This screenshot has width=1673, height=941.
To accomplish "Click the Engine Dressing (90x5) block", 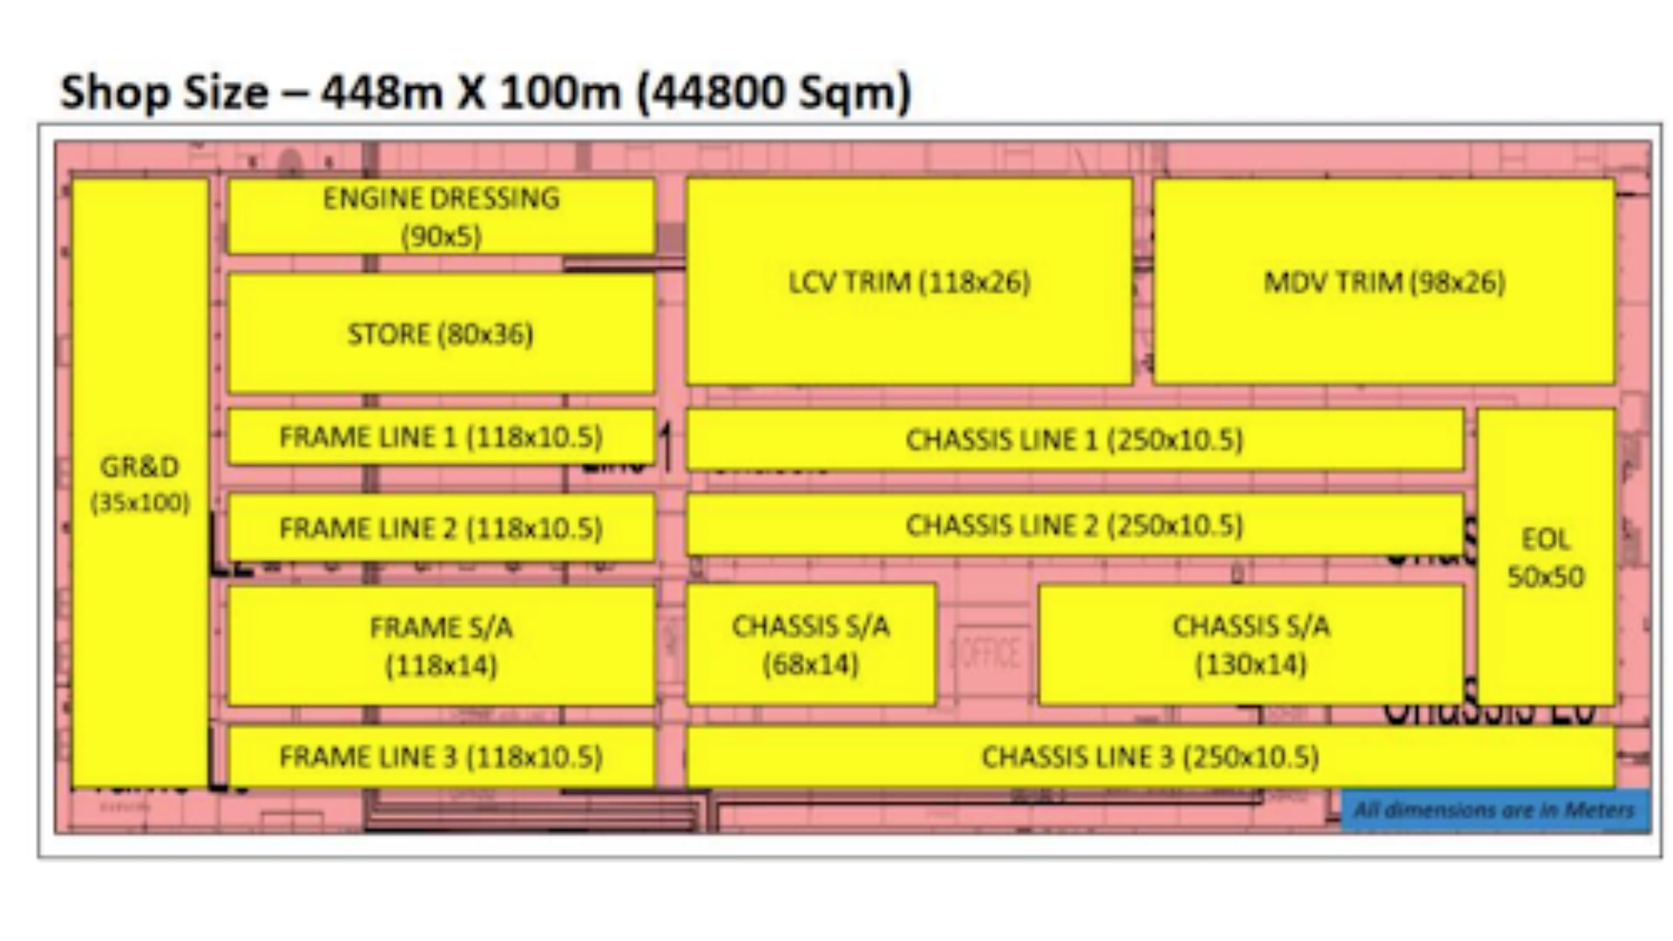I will (x=441, y=216).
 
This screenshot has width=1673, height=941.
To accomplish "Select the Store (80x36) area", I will (x=441, y=334).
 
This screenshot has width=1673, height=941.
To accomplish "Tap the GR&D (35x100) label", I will (x=139, y=484).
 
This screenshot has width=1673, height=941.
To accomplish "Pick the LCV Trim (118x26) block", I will (x=909, y=281).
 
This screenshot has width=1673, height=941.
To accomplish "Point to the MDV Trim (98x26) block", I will (x=1384, y=281).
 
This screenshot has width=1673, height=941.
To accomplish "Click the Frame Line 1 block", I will (x=441, y=437).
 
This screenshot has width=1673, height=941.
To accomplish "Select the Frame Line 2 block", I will (x=441, y=528).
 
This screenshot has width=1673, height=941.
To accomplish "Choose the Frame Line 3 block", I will (x=441, y=756).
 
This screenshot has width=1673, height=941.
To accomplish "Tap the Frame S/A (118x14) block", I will (x=441, y=646).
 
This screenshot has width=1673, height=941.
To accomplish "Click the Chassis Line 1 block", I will (x=1074, y=439).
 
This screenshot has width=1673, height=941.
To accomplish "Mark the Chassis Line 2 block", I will (x=1074, y=525).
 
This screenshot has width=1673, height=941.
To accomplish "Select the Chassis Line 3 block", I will (x=1150, y=756).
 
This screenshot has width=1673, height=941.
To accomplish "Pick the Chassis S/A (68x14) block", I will (x=810, y=645).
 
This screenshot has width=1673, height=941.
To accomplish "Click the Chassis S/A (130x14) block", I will (x=1251, y=645).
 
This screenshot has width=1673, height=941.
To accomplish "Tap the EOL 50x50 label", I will (x=1546, y=558).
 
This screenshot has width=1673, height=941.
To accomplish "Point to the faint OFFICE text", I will (x=988, y=653).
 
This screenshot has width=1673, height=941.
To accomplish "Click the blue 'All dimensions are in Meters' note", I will (x=1494, y=810).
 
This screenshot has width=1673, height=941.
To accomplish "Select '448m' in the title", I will (x=382, y=92).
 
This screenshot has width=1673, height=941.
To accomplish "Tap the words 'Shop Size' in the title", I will (x=164, y=92).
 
